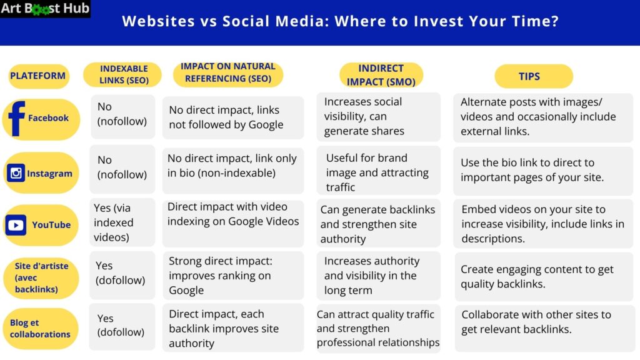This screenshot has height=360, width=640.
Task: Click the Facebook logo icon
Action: [16, 117]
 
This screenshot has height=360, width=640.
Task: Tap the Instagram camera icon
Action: [16, 173]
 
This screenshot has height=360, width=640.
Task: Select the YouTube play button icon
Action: [16, 225]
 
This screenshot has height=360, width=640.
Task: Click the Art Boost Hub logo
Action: [45, 9]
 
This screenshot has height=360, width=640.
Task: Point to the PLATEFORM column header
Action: [37, 76]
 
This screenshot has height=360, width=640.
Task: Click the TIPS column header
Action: [533, 76]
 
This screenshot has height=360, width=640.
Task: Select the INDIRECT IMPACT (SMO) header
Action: [381, 75]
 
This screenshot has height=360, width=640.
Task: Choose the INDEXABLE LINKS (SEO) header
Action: [123, 74]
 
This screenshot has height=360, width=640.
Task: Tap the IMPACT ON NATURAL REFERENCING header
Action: [228, 72]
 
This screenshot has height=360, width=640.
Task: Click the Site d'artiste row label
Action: [41, 277]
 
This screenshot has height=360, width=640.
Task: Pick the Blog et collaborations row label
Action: [40, 329]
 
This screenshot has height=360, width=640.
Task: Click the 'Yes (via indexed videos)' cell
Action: [122, 222]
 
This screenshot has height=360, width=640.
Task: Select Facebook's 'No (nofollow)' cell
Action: [122, 114]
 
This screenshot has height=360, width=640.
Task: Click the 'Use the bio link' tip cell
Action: [542, 170]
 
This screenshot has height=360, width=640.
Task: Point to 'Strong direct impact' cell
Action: [232, 276]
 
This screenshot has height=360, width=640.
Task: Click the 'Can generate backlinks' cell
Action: [378, 224]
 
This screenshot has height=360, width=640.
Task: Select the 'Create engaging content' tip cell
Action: [542, 276]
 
